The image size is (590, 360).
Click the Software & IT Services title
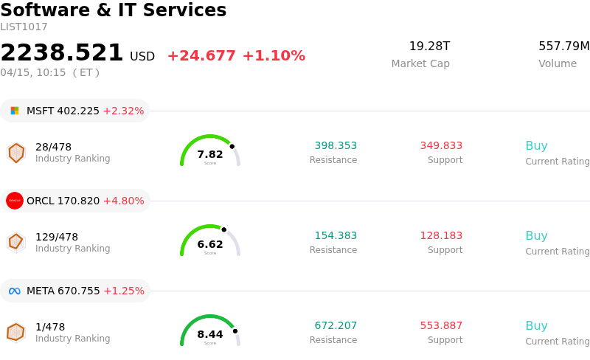pos(114,10)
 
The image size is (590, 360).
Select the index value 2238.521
pos(62,53)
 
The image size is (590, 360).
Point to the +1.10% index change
pos(274,56)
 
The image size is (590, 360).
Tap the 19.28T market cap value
pos(429,46)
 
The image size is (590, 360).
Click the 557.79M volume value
pos(563,46)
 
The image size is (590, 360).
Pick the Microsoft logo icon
pos(15,111)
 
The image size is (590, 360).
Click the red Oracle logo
pos(15,201)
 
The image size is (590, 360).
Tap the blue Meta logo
pos(15,291)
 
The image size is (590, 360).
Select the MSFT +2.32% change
pos(123,111)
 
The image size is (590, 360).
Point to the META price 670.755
pos(78,291)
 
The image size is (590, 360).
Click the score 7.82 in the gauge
pos(210,154)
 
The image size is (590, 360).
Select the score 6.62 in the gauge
pos(210,244)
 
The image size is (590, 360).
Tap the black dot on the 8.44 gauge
pos(235,330)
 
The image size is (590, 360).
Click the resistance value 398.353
pos(336,145)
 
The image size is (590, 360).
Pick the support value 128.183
pos(441,235)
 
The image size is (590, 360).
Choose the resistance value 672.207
pos(336,325)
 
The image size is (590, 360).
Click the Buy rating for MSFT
pos(536,145)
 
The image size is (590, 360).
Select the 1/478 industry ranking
pos(50,327)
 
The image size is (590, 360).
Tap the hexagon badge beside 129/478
pos(15,242)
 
